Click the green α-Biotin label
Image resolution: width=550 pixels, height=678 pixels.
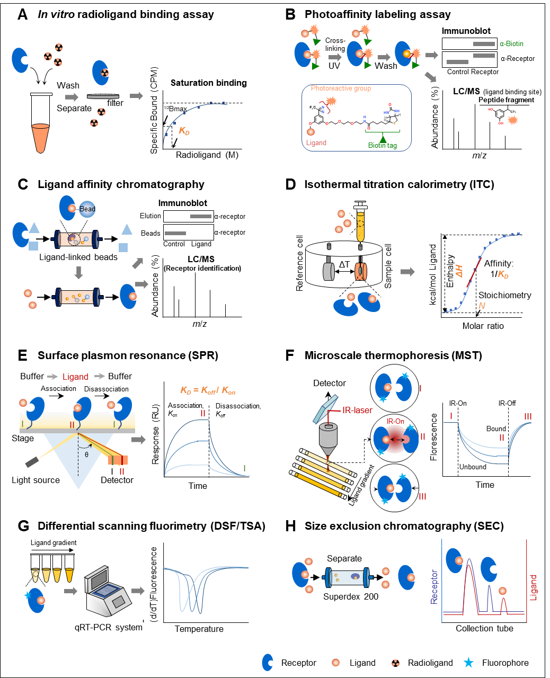pos(511,43)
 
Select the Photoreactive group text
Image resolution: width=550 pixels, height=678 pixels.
pos(341,88)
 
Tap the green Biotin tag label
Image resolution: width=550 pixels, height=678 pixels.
pos(383,145)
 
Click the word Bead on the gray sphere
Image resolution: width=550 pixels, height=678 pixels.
pos(87,209)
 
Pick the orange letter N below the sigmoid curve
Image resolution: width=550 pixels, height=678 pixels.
pos(482,306)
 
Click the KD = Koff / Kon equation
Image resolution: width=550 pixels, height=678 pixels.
pos(208,390)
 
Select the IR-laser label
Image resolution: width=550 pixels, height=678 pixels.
pos(357,410)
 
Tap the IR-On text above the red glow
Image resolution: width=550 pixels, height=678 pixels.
pos(395,422)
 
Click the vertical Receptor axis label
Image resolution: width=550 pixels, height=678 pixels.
pos(434,586)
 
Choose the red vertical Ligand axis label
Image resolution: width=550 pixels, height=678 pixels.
pos(533,587)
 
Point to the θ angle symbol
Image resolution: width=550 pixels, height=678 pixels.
pos(87,454)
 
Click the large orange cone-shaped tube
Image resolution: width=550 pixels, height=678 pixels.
pos(41,138)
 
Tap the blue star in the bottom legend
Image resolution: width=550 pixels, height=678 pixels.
pos(468,663)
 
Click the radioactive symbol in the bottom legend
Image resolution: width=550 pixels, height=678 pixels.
pos(395,663)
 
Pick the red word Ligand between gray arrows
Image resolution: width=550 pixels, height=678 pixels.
pos(76,377)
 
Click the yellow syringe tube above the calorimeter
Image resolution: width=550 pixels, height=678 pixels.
pos(360,227)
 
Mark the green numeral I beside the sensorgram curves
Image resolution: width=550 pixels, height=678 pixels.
pos(244,468)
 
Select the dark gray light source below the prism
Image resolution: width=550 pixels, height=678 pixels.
pos(32,461)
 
